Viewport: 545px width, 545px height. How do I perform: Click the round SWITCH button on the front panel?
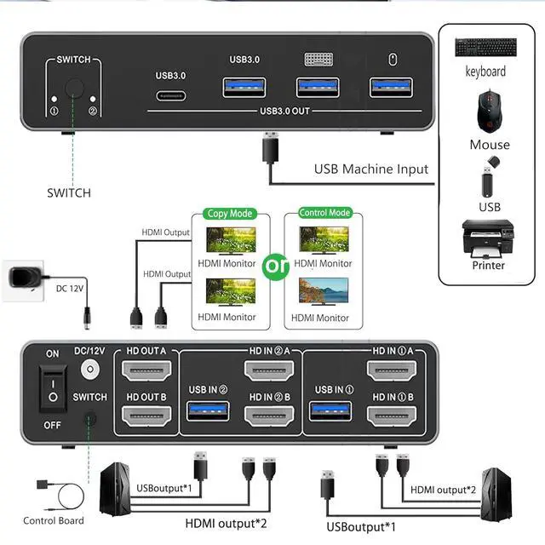coord(73,88)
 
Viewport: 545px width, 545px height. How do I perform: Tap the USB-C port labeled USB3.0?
coord(170,96)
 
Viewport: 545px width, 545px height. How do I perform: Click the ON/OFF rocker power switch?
coord(53,390)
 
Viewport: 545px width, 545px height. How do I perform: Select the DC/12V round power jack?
coord(90,370)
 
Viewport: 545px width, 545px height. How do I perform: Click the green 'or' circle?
coord(277,267)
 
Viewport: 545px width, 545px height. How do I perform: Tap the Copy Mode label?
coord(229,214)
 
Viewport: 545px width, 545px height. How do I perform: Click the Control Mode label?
coord(324,213)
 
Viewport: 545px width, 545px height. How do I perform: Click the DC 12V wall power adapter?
coord(26,280)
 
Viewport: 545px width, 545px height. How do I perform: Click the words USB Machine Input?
coord(371,169)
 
